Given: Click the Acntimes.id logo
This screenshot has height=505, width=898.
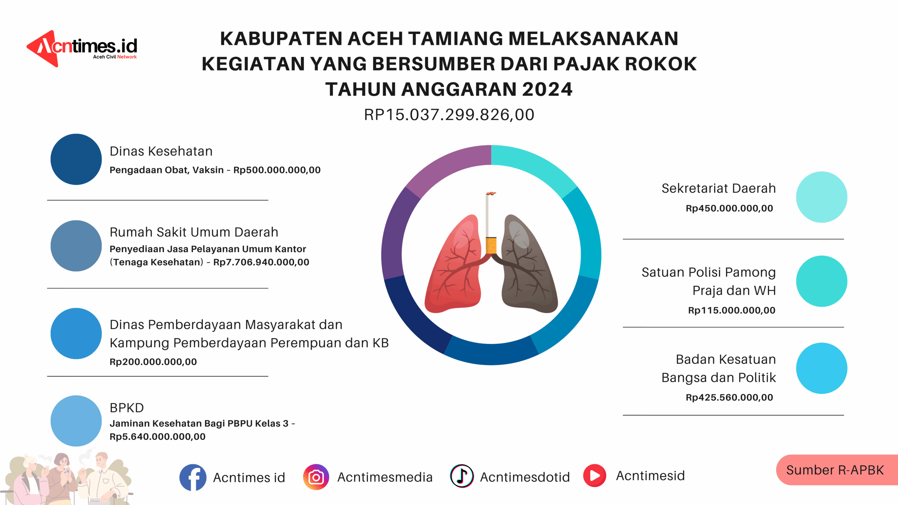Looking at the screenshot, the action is point(82,49).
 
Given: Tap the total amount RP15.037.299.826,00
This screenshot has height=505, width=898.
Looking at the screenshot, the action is point(449,115).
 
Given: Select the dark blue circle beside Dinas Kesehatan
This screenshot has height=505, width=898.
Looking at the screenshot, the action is point(76,159).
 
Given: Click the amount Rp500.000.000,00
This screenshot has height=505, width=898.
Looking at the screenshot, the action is point(277,170).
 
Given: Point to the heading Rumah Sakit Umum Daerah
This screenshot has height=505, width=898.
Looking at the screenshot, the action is point(194,232).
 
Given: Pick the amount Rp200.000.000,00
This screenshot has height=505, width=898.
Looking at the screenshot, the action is point(153,362).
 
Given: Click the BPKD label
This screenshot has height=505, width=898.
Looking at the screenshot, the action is point(127,408).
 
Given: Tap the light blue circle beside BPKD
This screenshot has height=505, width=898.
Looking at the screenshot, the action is point(76,421).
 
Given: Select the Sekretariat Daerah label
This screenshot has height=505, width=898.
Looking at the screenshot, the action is point(718,188).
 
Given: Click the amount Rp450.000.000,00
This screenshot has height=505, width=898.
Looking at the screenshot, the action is point(729,208).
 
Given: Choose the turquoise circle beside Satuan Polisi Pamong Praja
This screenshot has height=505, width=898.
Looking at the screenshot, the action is point(822,281).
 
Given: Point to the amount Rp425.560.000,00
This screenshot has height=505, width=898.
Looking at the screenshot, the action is point(729,397).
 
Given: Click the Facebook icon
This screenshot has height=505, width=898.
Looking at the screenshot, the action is point(193,477).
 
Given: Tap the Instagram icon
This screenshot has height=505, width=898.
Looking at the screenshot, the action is point(316,477).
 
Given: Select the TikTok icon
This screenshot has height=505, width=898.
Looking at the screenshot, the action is point(462,476).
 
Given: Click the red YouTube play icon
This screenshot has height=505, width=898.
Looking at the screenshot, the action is point(595,476).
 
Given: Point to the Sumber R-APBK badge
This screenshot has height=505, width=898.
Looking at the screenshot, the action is point(837,470).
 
